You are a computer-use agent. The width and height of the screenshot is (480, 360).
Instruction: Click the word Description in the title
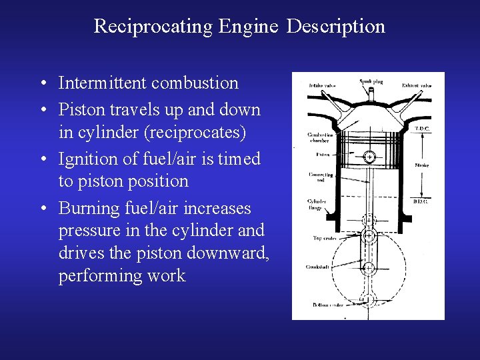[337, 26]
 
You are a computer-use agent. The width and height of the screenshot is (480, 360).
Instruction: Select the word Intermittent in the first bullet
[103, 83]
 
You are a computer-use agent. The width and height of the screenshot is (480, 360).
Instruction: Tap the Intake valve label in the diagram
[321, 85]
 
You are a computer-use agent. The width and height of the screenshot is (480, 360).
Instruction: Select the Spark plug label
[371, 81]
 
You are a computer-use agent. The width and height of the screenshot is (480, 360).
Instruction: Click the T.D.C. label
[422, 129]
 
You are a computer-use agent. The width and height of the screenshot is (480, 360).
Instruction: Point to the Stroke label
[422, 165]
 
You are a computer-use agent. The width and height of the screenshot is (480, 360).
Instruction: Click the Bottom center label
[327, 304]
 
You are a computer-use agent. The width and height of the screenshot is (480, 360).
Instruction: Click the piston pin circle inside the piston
[369, 157]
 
